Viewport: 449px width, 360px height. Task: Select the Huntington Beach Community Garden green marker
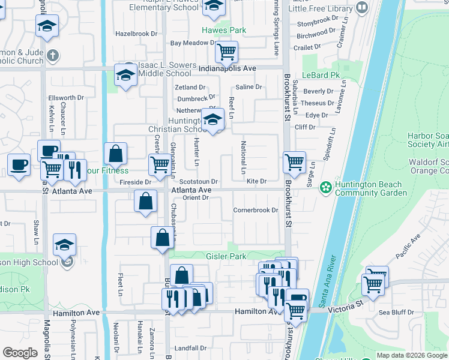326,188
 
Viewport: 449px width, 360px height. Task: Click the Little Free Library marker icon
362,8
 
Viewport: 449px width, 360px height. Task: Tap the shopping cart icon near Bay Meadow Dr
226,52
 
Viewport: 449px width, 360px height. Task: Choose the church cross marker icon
53,56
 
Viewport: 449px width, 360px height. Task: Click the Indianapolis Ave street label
228,68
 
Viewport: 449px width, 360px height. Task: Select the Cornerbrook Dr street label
256,211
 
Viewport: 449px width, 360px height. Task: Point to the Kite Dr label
256,181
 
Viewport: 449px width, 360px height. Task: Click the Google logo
20,353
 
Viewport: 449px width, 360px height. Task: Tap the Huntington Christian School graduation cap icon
212,121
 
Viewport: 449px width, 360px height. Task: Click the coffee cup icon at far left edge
19,164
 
